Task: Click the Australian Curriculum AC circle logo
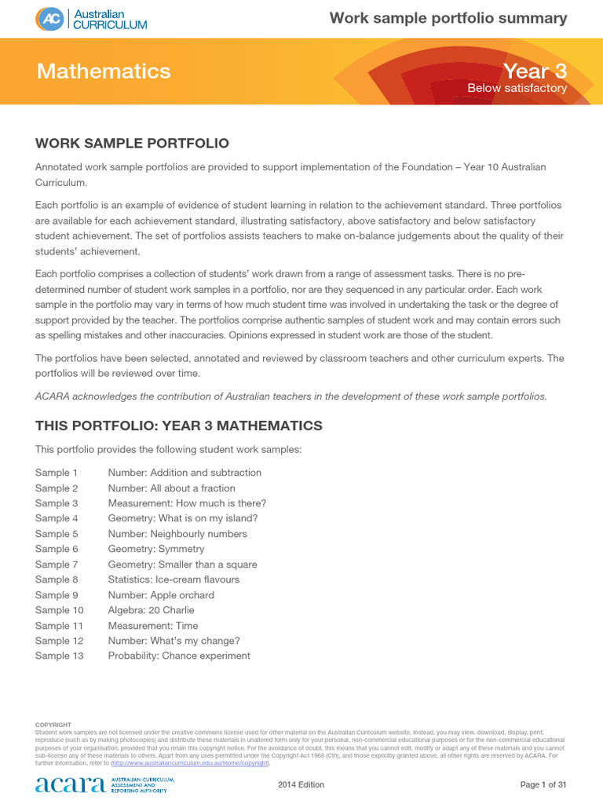click(x=49, y=19)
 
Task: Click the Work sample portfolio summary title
click(x=448, y=18)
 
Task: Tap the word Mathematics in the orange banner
click(x=104, y=71)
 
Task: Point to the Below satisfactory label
click(x=517, y=89)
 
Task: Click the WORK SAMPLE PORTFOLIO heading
click(x=132, y=143)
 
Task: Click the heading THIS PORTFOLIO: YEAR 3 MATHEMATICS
click(x=178, y=426)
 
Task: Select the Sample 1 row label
click(x=57, y=473)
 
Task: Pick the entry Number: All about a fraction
click(x=171, y=488)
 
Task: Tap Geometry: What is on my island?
click(x=182, y=518)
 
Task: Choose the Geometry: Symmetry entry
click(x=155, y=549)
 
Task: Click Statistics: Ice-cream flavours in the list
click(x=174, y=579)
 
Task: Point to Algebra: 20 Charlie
click(x=151, y=610)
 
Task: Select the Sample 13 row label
click(x=59, y=656)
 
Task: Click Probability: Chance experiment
click(x=179, y=656)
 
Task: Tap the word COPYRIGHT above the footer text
click(x=53, y=725)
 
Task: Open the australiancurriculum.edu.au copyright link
click(x=191, y=763)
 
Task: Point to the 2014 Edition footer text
click(x=301, y=785)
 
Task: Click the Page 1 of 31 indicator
click(x=543, y=785)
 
